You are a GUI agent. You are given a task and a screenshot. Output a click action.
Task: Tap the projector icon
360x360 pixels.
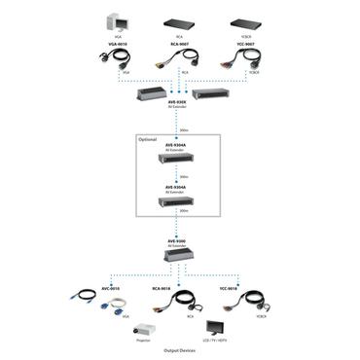(x=149, y=329)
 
